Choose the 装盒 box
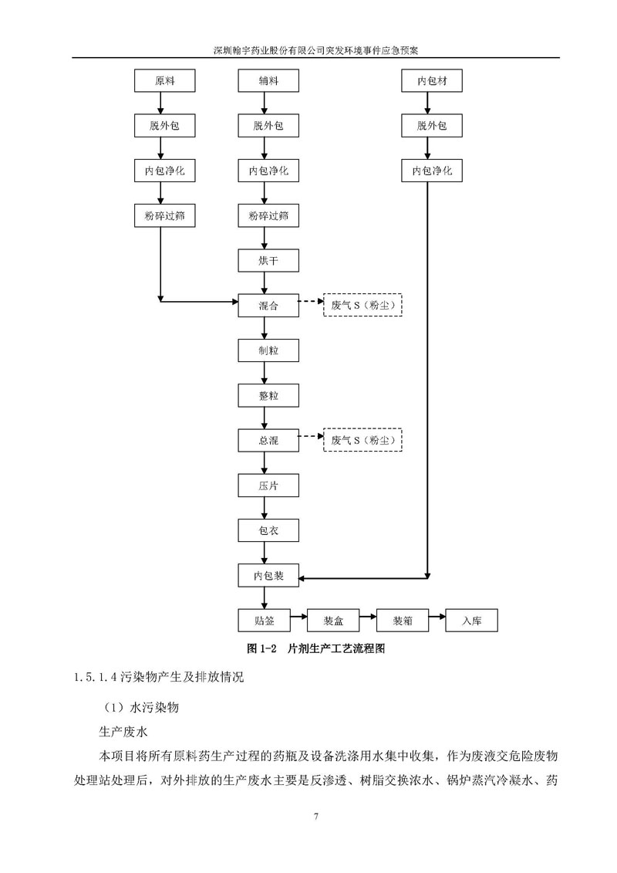333,621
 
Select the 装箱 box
402,621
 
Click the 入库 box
471,621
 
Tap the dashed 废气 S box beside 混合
363,306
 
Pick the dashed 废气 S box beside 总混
363,441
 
